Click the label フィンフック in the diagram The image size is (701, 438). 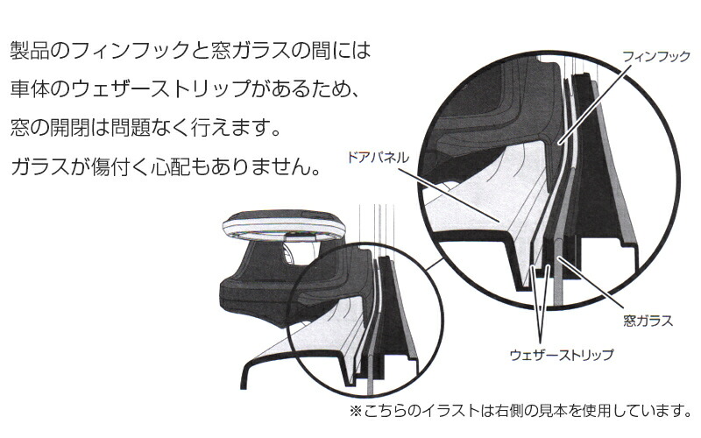(656, 57)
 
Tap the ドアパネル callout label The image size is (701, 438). (378, 158)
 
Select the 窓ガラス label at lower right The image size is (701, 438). (648, 321)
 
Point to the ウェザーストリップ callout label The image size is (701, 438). (562, 355)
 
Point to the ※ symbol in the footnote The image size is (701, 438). (356, 410)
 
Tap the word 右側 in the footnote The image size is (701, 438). (510, 410)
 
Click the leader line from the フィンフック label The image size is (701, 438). (595, 104)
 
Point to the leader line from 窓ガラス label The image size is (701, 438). (591, 283)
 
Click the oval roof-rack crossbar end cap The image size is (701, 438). (284, 225)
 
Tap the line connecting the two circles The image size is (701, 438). (434, 264)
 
